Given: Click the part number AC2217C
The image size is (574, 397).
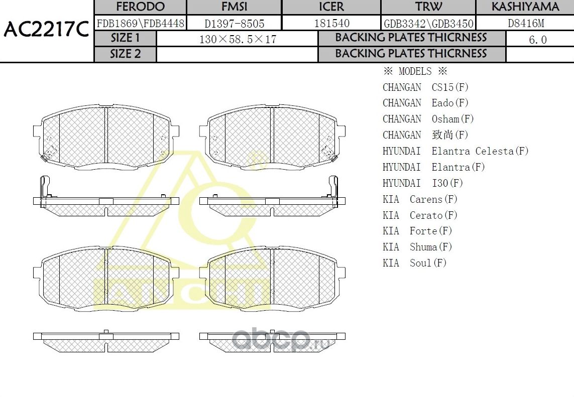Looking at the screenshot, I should click(46, 30).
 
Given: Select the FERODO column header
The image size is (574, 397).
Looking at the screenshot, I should click(140, 7).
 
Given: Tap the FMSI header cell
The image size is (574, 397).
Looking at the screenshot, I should click(234, 7).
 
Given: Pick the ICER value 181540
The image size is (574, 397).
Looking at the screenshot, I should click(331, 23).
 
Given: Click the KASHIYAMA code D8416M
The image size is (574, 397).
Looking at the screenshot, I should click(525, 23).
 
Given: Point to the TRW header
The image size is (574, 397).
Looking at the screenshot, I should click(428, 7).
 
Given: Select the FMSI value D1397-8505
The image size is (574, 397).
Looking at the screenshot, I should click(234, 23).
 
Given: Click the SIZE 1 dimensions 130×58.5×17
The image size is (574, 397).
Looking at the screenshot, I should click(238, 39).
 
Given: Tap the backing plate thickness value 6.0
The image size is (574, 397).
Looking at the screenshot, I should click(538, 40).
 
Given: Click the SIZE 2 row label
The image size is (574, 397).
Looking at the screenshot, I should click(126, 54).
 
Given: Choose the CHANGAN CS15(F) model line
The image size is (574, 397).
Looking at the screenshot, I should click(425, 87).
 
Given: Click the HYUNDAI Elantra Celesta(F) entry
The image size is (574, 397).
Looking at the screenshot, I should click(455, 151).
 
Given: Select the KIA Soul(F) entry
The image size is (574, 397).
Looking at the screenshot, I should click(414, 263).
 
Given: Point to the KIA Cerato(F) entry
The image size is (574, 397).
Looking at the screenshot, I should click(420, 215).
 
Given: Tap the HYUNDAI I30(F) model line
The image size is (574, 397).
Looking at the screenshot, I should click(422, 183).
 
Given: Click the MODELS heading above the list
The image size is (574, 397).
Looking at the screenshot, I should click(415, 71).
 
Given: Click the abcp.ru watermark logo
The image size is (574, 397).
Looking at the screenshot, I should click(281, 340).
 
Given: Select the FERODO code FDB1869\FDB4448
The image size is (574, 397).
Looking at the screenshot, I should click(140, 23).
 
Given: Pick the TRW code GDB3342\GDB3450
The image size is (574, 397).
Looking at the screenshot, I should click(428, 23).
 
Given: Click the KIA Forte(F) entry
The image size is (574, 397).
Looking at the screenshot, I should click(417, 231).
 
